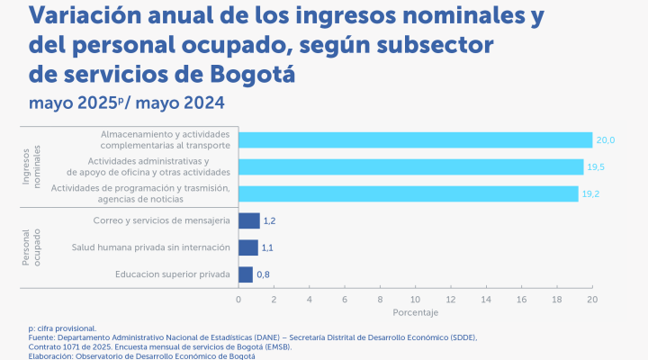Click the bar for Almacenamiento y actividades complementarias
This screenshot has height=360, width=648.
coord(415,139)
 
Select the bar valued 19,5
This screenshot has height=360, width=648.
coord(410,166)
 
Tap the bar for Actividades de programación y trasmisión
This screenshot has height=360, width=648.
coord(408,193)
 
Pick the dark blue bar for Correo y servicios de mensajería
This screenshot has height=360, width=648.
coord(248,220)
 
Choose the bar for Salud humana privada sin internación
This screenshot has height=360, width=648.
coord(247,247)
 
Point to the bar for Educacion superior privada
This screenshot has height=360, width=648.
coord(246,274)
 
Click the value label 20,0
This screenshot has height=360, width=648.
coord(606,139)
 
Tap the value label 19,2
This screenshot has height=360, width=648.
coord(591,193)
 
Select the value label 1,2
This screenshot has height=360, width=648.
coord(269,220)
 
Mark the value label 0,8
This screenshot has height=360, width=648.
coord(264,274)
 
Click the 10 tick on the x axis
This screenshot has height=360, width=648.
coord(415,298)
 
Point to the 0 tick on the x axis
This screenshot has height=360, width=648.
coord(238,298)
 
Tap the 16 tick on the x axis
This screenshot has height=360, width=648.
coord(521,298)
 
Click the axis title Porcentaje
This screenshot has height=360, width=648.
coord(415,312)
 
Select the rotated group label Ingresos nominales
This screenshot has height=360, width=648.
coord(31,166)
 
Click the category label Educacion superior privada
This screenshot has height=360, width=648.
coord(173,274)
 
